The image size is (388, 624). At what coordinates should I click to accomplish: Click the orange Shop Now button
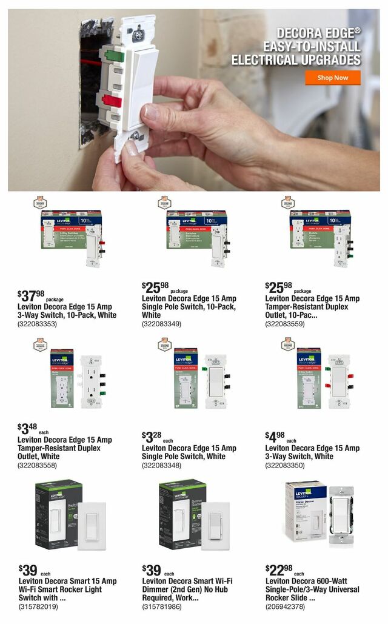tap(333, 78)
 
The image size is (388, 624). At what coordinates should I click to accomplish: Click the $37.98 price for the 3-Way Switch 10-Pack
tap(31, 296)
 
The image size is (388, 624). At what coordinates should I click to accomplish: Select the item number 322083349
tap(161, 324)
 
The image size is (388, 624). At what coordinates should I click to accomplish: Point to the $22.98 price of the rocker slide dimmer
tap(278, 571)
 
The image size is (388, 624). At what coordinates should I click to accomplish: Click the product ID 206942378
tap(285, 606)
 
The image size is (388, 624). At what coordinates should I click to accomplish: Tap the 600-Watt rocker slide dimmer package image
tap(318, 512)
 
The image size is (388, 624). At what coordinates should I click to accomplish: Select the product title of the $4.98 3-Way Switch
tap(312, 452)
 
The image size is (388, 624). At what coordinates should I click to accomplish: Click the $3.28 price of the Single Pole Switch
tap(152, 437)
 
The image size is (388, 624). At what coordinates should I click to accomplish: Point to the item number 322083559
tap(285, 324)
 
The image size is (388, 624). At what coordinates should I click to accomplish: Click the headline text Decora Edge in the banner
tap(318, 33)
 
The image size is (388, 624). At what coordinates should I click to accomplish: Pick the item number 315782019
tap(38, 606)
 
